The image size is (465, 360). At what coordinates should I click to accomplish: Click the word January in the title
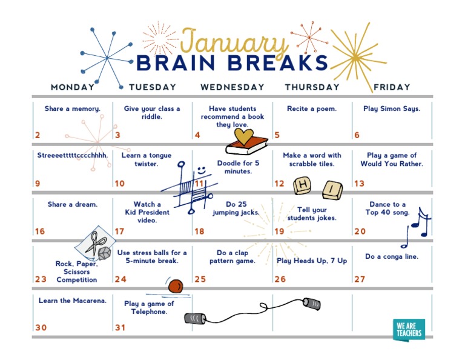tap(235, 42)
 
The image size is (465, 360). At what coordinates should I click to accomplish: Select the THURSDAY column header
tap(312, 87)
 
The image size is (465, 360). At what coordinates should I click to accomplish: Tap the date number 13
tap(359, 184)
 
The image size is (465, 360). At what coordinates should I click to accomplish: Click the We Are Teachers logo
tap(409, 329)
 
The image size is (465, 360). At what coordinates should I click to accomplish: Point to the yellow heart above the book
tap(243, 137)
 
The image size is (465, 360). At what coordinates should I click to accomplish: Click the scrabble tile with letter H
tap(303, 185)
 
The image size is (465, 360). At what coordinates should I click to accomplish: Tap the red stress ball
tap(176, 285)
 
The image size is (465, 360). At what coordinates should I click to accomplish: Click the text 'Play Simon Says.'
tap(392, 109)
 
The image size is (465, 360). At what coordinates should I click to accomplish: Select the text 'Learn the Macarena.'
tap(73, 301)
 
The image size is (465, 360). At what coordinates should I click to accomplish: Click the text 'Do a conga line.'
tap(392, 256)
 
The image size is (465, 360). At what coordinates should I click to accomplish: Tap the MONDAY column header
tap(73, 87)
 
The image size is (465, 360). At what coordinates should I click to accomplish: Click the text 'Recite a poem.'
tap(312, 109)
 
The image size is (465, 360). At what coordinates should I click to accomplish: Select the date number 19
tap(279, 232)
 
